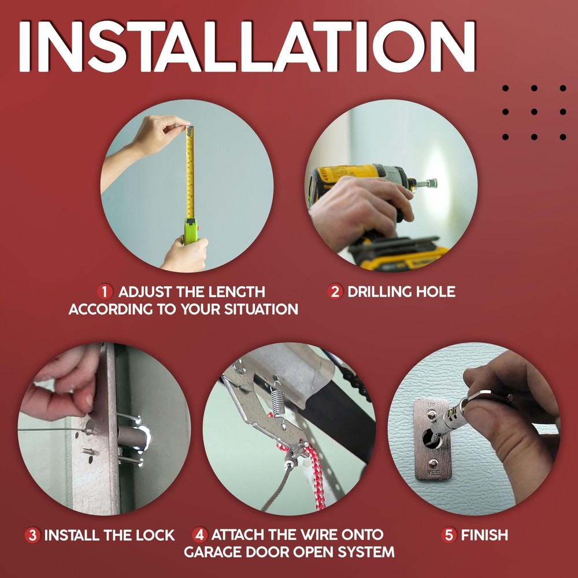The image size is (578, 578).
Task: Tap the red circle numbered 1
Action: click(105, 291)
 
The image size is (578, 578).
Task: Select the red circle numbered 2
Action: click(335, 291)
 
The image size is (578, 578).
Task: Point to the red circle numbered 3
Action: click(32, 535)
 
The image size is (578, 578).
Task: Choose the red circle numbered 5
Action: click(449, 535)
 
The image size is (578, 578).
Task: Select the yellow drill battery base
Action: click(405, 257)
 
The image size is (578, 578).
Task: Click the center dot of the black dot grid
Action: click(534, 112)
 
